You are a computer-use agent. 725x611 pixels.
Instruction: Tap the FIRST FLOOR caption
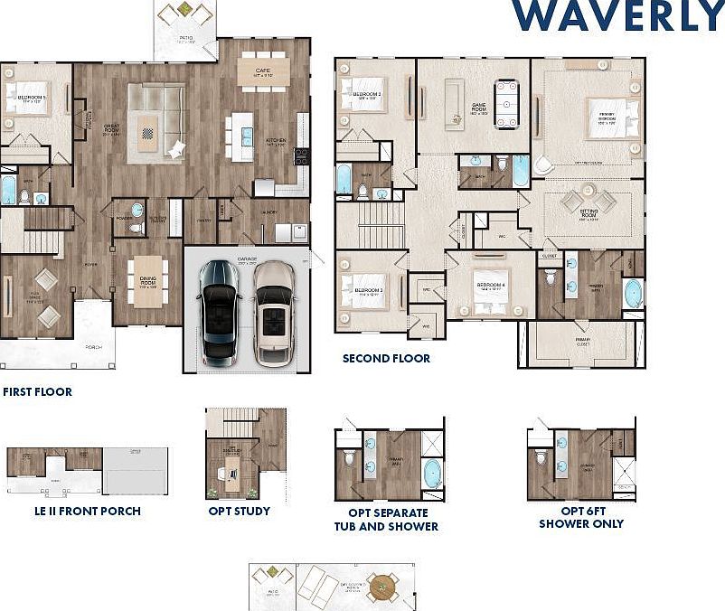click(x=37, y=392)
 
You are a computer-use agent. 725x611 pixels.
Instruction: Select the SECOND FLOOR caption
click(x=386, y=359)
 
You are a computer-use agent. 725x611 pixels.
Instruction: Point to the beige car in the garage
click(x=274, y=312)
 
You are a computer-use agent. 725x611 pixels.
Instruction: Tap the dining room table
click(x=147, y=278)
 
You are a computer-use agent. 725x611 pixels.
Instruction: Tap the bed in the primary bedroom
click(x=607, y=117)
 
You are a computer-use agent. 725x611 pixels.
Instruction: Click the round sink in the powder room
click(x=137, y=210)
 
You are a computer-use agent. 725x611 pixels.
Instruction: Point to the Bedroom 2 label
click(x=366, y=94)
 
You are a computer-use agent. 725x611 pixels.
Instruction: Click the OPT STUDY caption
click(x=239, y=512)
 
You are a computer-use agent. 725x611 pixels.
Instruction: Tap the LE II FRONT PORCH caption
click(x=87, y=512)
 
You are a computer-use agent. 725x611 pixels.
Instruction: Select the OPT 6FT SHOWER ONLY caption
click(x=581, y=518)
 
